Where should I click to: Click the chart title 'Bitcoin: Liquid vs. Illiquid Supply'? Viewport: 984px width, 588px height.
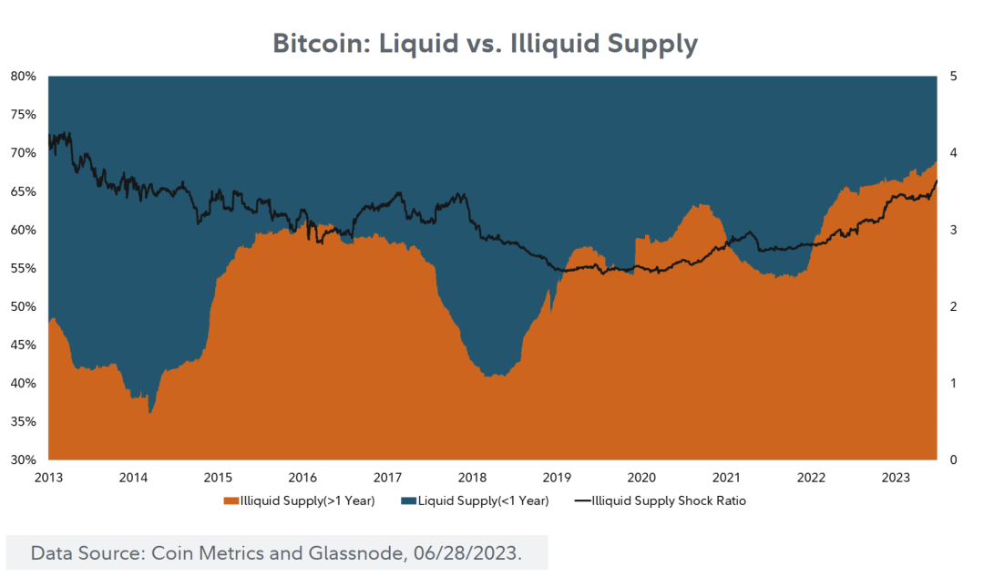(486, 44)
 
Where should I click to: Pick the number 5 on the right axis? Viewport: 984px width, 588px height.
(952, 77)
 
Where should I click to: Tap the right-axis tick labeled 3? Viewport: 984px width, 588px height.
(952, 230)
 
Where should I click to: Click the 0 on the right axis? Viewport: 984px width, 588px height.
(952, 459)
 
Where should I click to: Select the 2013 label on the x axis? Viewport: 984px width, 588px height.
(48, 478)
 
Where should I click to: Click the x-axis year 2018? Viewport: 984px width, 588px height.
(472, 478)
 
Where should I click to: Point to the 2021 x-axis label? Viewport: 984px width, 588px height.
(726, 478)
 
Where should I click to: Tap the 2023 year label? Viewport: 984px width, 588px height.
(896, 478)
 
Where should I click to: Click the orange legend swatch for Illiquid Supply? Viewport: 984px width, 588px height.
(232, 500)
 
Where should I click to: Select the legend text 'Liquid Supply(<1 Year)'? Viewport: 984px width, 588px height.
(483, 500)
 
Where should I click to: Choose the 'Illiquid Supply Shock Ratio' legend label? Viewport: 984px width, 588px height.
(669, 500)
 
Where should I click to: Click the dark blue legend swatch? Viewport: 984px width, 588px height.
(409, 500)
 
